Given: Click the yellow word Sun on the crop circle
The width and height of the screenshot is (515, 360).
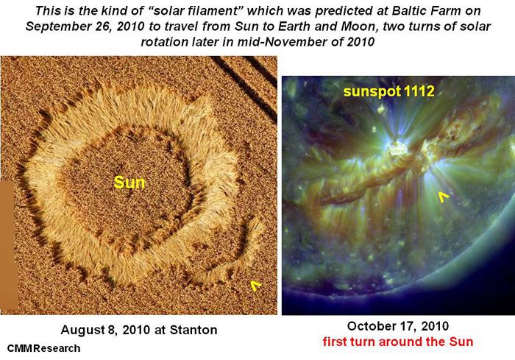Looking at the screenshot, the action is (x=129, y=183).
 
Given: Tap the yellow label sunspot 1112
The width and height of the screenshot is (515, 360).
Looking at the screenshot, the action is (x=389, y=91).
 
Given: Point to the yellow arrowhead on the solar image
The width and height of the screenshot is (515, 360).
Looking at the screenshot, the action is (x=444, y=197).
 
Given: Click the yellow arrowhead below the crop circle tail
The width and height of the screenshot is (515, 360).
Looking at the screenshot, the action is (x=255, y=286).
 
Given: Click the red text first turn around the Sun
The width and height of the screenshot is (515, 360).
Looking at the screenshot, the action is (x=398, y=342).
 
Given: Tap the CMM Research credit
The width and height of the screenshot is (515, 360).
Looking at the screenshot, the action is (x=43, y=348).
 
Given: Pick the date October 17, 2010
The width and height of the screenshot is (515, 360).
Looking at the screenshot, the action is (x=398, y=326).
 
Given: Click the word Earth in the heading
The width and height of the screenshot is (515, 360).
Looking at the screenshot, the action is (x=296, y=27).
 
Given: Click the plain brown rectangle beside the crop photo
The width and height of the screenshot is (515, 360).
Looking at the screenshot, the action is (x=8, y=245).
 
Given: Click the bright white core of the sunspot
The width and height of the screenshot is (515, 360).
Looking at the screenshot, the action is (x=398, y=149).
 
